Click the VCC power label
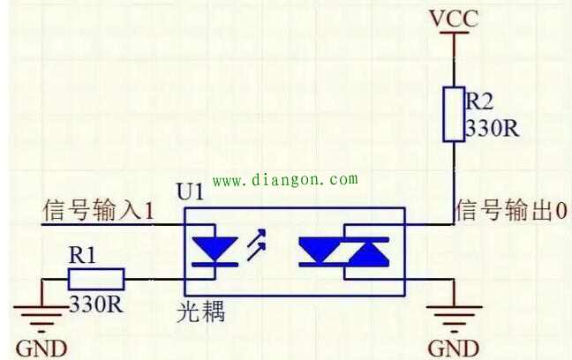[454, 18]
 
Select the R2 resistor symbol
[454, 114]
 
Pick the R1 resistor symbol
[96, 281]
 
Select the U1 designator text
[190, 191]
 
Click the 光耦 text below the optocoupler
[200, 311]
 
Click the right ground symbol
[454, 313]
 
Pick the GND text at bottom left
[41, 347]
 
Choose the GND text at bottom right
[453, 347]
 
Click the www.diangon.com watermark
[285, 180]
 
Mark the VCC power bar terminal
[454, 34]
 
